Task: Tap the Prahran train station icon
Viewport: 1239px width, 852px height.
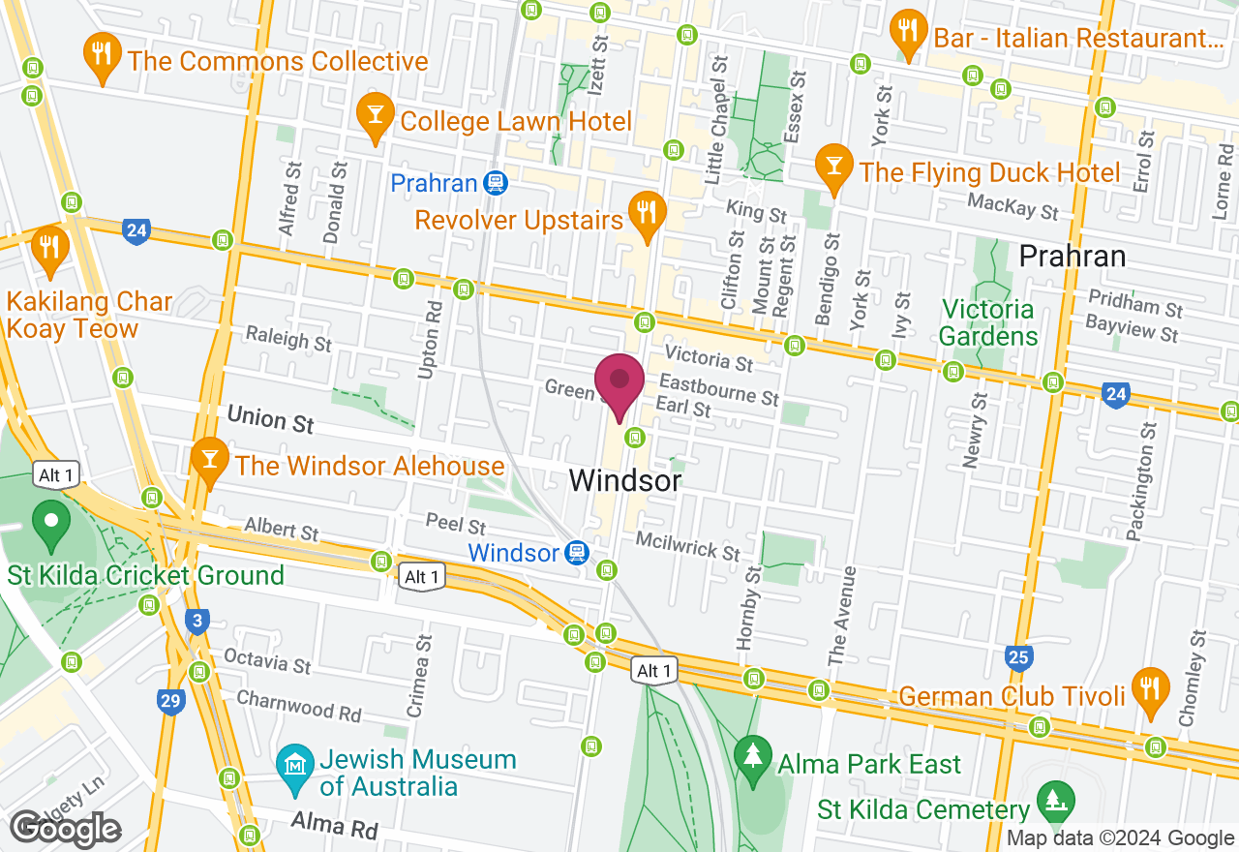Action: click(x=496, y=183)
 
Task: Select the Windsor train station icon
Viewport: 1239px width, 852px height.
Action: click(x=577, y=553)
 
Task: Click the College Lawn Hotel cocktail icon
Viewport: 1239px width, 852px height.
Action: click(x=375, y=117)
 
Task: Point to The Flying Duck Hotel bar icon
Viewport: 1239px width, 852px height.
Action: click(x=831, y=166)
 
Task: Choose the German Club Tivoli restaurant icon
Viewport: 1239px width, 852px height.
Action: click(x=1150, y=690)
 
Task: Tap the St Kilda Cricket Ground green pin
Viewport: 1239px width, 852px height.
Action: click(x=51, y=524)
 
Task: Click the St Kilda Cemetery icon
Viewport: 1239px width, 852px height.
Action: click(x=1050, y=800)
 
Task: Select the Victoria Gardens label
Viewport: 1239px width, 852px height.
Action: click(x=987, y=323)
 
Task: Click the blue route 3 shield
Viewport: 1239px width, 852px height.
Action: click(x=197, y=621)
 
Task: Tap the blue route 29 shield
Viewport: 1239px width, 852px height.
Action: click(x=171, y=700)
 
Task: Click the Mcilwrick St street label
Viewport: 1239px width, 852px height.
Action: click(x=687, y=544)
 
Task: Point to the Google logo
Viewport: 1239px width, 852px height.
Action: click(x=66, y=829)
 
